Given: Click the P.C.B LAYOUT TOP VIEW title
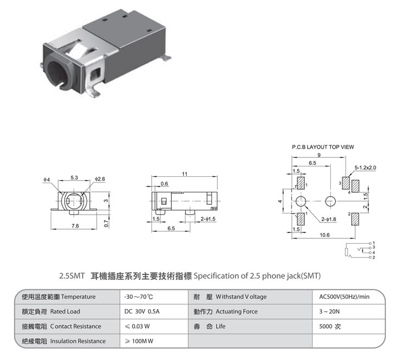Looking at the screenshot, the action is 323,147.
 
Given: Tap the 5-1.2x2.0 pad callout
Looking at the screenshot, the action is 365,168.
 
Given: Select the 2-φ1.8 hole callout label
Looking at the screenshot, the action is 329,219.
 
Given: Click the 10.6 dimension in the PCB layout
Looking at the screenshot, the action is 324,235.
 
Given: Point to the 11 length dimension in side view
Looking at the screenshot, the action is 185,174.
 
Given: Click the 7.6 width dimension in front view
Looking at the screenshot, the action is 75,226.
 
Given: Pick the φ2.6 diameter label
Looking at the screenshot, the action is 100,179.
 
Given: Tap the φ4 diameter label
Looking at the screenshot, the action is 46,179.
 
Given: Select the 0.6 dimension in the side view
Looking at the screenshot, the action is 164,184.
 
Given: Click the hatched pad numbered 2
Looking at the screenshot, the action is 355,219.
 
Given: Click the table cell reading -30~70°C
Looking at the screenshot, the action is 138,297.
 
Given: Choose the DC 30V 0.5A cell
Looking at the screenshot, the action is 142,311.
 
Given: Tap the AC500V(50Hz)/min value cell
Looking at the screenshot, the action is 344,297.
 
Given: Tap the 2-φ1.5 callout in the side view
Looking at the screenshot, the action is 208,219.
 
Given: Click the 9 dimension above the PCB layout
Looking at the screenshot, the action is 319,155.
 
